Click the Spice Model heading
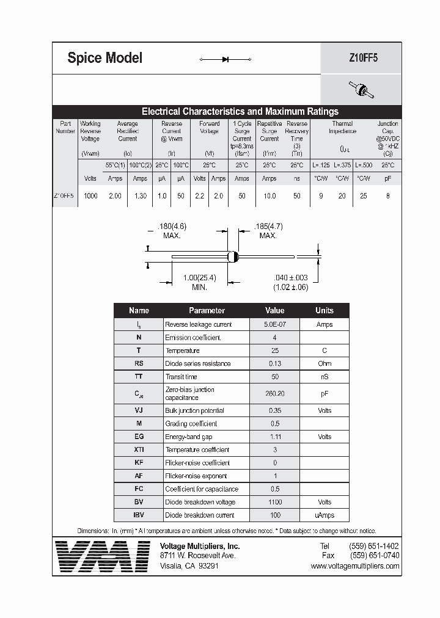coord(105,58)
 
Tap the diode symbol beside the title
coord(226,59)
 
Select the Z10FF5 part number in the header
coord(361,59)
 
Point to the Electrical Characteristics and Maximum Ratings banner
coord(240,112)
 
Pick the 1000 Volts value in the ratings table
coord(90,196)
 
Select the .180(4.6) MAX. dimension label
coord(172,230)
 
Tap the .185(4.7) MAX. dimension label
coord(268,230)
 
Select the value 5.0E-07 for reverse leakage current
coord(274,324)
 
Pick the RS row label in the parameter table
coord(139,363)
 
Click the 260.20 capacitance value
coord(274,394)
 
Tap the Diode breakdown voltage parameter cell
coord(200,502)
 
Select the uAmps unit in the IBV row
coord(324,515)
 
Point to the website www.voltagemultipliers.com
coord(354,566)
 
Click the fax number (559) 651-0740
coord(374,556)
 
